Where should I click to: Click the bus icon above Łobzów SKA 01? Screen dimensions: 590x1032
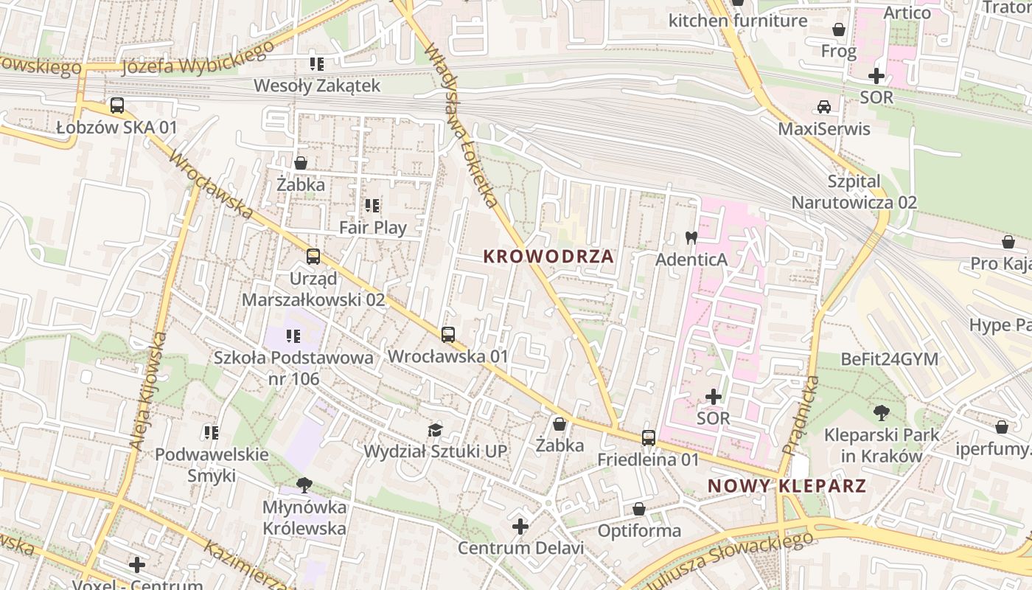(116, 105)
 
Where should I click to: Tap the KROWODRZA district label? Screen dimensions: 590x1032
(548, 257)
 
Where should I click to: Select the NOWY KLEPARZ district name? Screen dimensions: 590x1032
(787, 486)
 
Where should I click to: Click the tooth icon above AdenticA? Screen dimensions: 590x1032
(691, 237)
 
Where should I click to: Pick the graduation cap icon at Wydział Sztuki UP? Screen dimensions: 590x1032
(436, 430)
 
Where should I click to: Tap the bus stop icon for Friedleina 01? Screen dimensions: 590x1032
(648, 438)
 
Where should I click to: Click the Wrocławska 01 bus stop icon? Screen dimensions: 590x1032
(447, 335)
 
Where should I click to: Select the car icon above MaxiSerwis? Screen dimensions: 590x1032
(824, 107)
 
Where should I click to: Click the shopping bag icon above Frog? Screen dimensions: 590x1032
(839, 29)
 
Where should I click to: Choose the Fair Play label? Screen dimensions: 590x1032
(372, 227)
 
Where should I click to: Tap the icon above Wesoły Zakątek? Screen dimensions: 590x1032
(317, 64)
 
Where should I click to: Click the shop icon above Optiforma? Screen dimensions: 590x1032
(638, 509)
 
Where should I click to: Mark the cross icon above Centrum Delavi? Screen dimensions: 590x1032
(520, 527)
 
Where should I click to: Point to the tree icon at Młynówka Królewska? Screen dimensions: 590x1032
(304, 485)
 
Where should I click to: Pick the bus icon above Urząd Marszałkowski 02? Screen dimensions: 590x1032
(313, 257)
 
